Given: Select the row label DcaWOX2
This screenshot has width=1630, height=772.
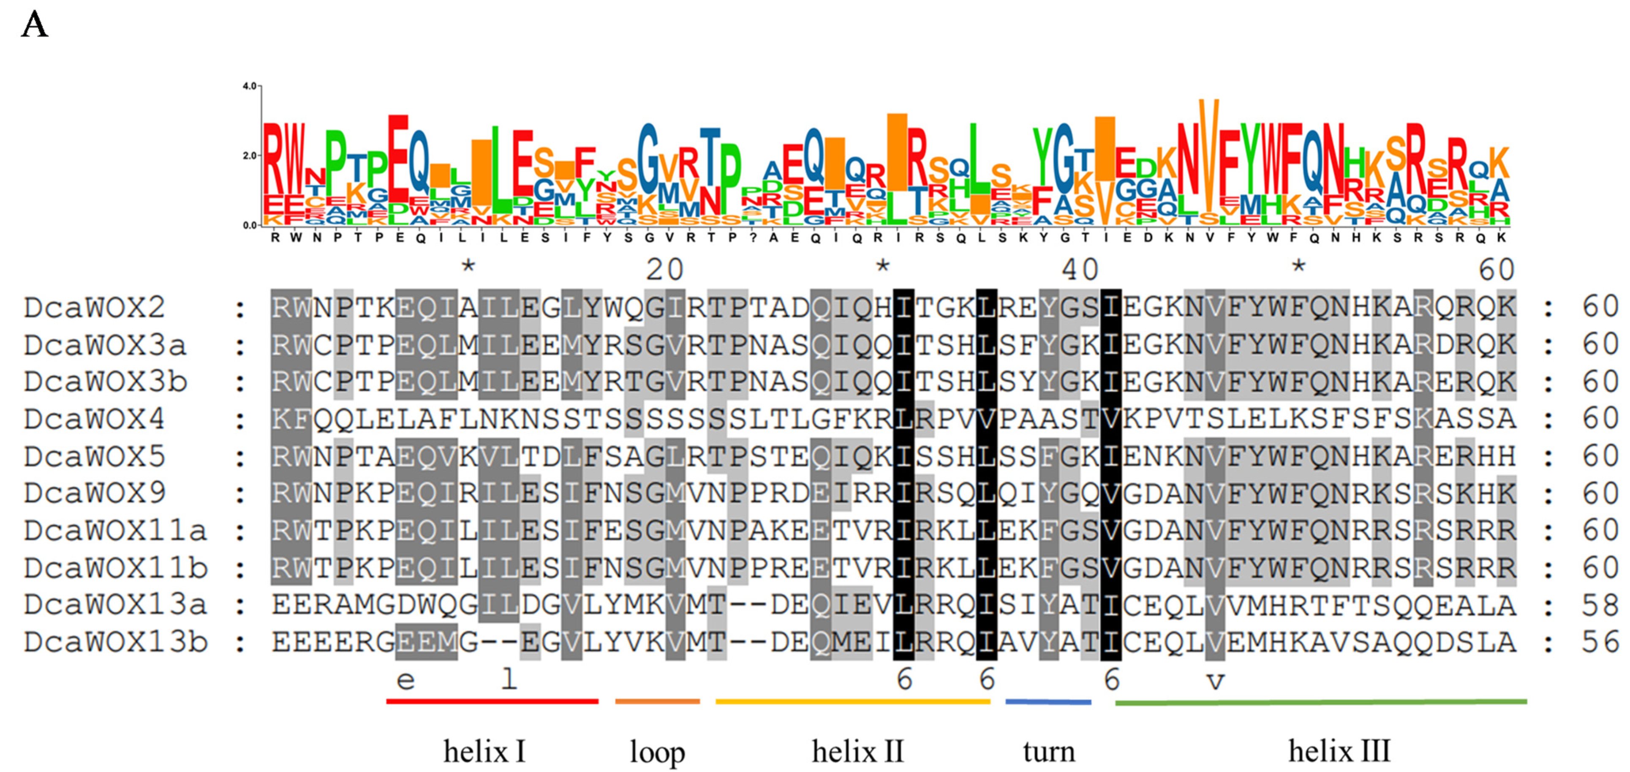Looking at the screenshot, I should click(95, 308).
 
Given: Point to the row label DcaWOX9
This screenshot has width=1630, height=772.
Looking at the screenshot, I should click(95, 494).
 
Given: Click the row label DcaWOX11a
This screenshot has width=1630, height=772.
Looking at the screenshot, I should click(116, 531).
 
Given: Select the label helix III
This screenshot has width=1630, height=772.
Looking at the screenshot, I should click(1339, 752).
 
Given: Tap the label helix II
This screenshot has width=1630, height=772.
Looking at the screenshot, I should click(857, 752).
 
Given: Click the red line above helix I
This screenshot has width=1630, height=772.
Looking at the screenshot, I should click(492, 701).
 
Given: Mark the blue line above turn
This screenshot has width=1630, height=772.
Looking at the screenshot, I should click(1048, 702).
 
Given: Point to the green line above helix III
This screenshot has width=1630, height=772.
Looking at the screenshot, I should click(1320, 702).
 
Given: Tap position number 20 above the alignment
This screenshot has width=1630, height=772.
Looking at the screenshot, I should click(664, 270).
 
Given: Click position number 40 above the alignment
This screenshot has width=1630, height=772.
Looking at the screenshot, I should click(1080, 270).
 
